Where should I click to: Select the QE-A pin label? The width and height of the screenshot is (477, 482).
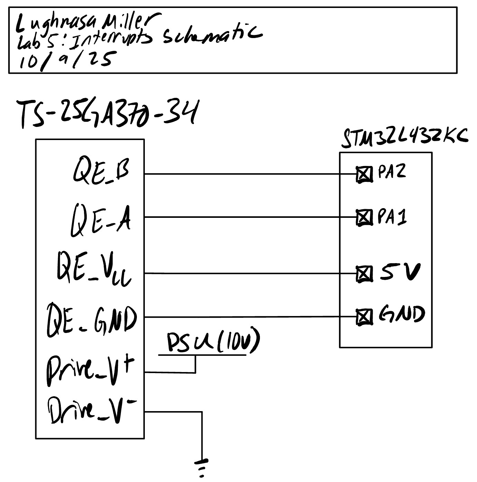[101, 220]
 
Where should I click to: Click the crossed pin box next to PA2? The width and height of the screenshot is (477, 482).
[364, 174]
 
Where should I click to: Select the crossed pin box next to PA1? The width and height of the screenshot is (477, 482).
[364, 218]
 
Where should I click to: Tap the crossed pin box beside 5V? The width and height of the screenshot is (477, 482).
[364, 274]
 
